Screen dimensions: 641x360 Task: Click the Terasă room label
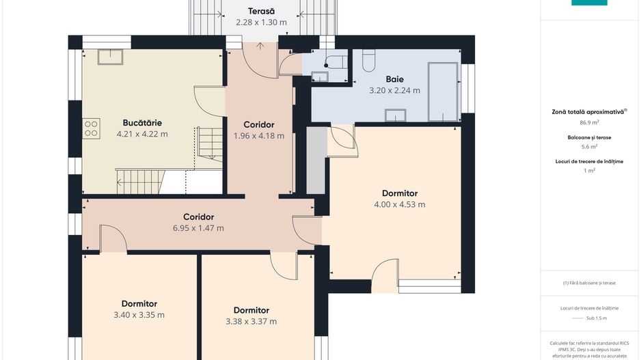(x=261, y=12)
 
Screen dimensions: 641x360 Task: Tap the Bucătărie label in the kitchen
(x=142, y=122)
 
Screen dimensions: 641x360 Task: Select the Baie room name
(x=394, y=79)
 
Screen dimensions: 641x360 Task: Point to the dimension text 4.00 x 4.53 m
(x=399, y=204)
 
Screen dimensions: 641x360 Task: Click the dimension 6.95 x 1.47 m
(x=198, y=228)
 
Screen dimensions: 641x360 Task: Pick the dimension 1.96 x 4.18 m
(x=259, y=136)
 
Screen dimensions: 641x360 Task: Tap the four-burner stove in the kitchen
(x=91, y=128)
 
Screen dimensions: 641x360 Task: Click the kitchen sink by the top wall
(x=111, y=57)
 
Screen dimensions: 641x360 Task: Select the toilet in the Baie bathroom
(x=369, y=61)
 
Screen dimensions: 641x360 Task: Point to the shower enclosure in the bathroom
(x=443, y=92)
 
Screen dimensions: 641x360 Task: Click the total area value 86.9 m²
(x=589, y=122)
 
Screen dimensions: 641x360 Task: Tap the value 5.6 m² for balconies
(x=589, y=146)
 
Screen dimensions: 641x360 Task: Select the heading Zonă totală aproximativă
(x=588, y=112)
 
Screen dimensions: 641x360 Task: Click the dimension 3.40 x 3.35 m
(x=139, y=315)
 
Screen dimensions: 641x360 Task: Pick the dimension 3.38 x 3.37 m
(x=251, y=321)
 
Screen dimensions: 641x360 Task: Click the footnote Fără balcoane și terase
(x=589, y=283)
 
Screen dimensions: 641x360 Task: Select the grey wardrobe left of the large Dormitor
(x=316, y=161)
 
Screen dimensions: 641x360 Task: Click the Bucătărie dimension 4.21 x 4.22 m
(x=142, y=134)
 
